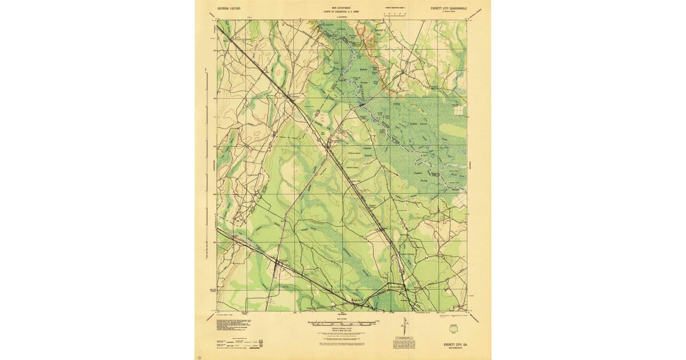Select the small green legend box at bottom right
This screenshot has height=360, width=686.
point(454,330)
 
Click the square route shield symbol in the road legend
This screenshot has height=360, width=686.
point(261,343)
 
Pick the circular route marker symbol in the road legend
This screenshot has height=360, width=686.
point(261,347)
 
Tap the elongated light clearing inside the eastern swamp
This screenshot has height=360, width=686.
point(452,133)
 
